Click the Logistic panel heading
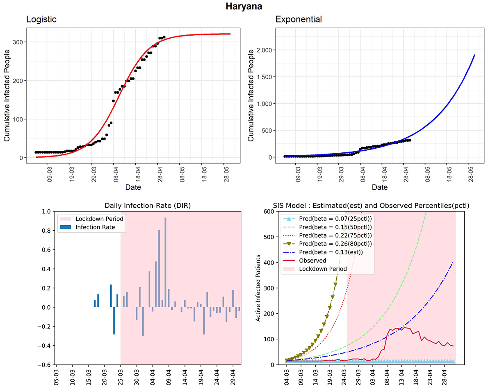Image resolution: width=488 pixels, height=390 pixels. click(x=41, y=19)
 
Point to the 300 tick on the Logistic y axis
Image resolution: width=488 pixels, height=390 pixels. click(x=18, y=42)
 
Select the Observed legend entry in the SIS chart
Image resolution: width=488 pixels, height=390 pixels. click(x=313, y=261)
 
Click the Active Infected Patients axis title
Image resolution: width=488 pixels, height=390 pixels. click(x=259, y=288)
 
